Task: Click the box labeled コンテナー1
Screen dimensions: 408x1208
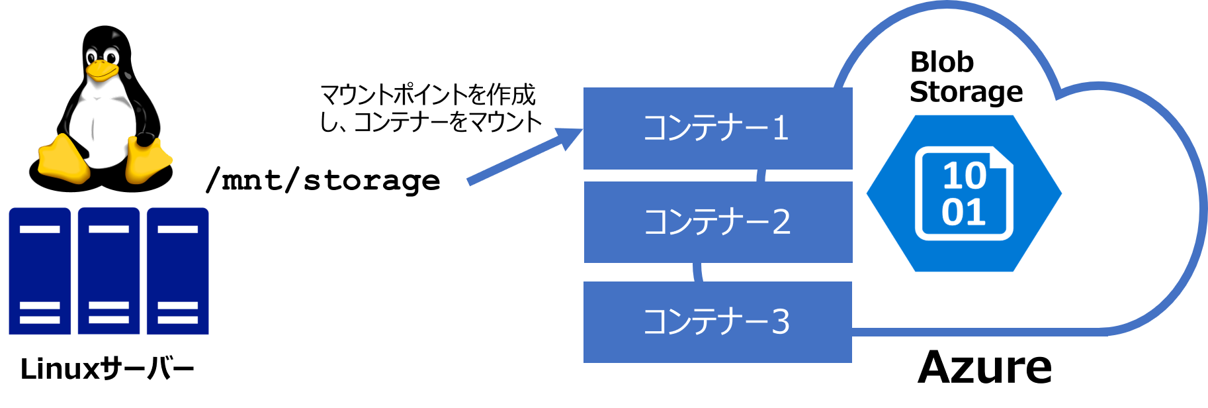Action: coord(717,128)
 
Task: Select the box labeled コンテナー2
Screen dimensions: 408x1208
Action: coord(717,223)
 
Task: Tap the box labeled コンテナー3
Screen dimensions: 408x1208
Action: coord(717,323)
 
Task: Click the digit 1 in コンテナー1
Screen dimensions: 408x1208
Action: coord(781,128)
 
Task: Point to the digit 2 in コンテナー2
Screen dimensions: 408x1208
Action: coord(781,223)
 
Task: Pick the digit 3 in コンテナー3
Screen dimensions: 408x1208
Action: coord(781,323)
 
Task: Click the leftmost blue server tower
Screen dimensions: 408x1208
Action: coord(40,271)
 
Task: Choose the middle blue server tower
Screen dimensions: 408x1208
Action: coord(108,271)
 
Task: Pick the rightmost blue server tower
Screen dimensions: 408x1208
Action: coord(177,271)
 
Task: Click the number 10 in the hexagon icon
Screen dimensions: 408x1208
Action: coord(964,176)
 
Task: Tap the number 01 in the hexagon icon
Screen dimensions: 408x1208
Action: coord(963,213)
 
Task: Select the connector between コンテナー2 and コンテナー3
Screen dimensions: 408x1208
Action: coord(698,272)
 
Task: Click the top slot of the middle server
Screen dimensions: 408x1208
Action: coord(108,229)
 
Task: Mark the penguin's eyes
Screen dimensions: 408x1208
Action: coord(103,57)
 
